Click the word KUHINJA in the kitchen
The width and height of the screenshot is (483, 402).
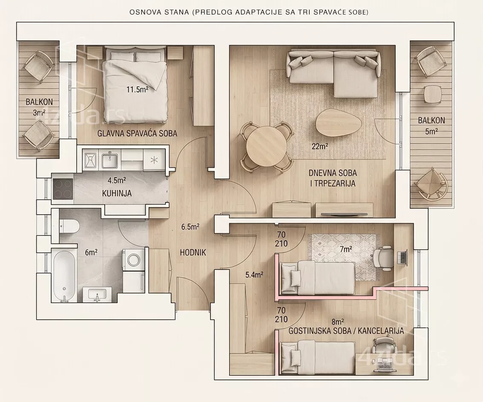coord(117,193)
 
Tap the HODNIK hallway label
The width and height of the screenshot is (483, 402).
coord(193,253)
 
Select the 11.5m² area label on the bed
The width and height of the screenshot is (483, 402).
coord(138,90)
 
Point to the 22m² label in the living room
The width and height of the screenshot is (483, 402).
coord(320,146)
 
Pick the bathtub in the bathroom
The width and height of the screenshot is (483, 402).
coord(64,276)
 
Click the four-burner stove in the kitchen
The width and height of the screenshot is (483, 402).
coord(63,189)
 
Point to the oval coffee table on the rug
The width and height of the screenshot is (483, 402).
coord(339,122)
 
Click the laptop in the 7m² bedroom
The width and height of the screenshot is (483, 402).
coord(402,258)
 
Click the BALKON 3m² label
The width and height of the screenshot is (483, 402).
coord(39,107)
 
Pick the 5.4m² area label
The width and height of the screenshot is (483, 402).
coord(254,275)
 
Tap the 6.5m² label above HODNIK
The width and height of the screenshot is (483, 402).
coord(190,227)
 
